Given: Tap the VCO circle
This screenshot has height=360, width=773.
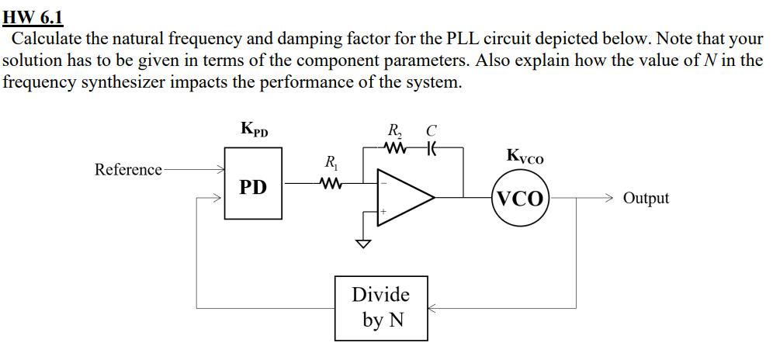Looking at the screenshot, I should coord(520,198).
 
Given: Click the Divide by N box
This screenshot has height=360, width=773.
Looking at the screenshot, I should coord(381,307).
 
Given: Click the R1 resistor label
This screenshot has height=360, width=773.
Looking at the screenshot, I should coord(331,164).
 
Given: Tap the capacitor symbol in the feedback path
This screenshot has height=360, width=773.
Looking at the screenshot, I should coord(429,147).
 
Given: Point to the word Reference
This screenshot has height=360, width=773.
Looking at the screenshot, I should coord(128,169).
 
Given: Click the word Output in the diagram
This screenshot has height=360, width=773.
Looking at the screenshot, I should coord(646,198).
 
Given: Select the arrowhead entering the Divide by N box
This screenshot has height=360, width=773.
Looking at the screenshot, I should coord(433,308).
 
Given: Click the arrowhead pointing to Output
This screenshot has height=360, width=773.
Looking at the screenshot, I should coord(610,198).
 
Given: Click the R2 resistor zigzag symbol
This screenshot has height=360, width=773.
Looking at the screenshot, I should coord(397,147).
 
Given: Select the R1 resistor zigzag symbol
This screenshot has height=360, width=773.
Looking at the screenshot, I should coord(331,184).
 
